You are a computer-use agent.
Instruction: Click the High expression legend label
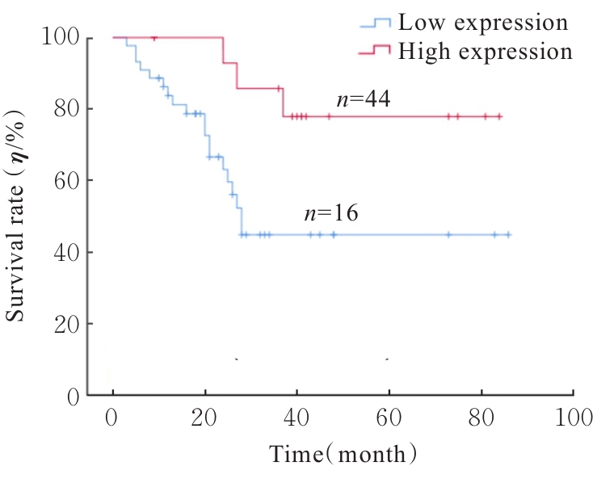486,52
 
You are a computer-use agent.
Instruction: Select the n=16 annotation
330,214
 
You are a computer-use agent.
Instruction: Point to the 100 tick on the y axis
61,37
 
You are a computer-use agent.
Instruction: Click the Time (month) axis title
343,454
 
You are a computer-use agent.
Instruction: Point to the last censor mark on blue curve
508,234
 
